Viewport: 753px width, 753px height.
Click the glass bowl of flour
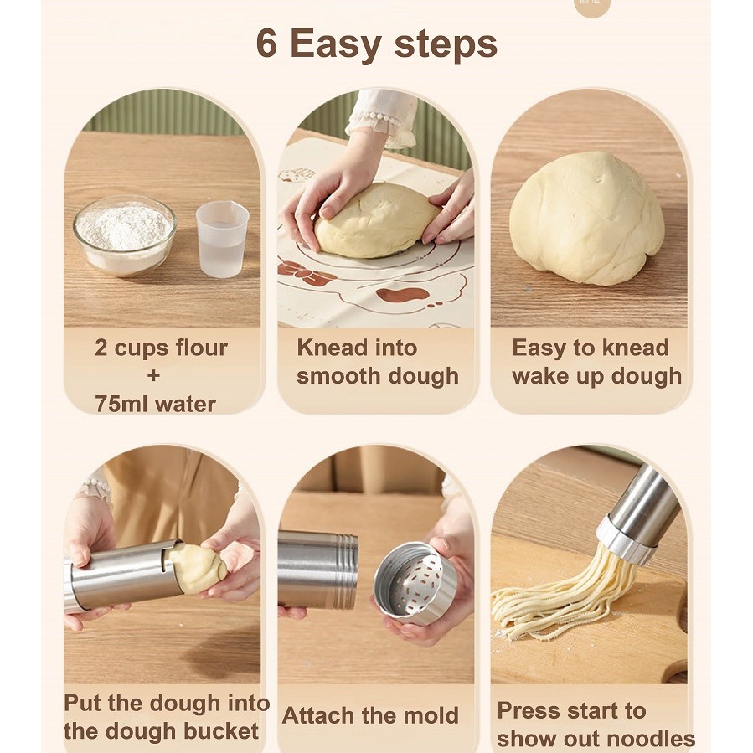[x=125, y=235]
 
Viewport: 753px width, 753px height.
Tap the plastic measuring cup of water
[x=222, y=238]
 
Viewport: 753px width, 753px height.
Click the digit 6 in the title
[x=266, y=44]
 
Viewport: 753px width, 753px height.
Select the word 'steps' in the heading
[x=446, y=45]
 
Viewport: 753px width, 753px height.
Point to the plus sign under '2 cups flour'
[x=153, y=375]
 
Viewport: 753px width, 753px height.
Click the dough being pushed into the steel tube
[x=197, y=568]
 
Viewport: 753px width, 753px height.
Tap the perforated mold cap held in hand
[x=415, y=584]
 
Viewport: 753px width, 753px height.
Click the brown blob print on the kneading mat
[x=402, y=294]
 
